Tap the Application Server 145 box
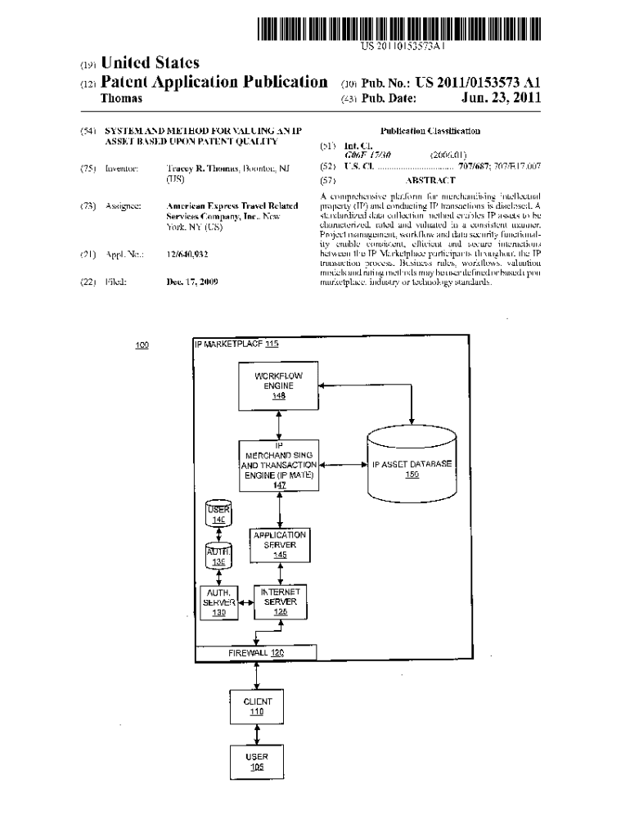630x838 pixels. click(280, 544)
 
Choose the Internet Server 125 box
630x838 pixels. click(280, 601)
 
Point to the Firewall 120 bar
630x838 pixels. click(255, 652)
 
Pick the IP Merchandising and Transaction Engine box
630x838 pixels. click(280, 466)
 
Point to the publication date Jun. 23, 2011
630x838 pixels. click(502, 99)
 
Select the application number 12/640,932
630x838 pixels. click(187, 254)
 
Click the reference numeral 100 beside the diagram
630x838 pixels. click(142, 345)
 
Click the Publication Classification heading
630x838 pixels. click(430, 131)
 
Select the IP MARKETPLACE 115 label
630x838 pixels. click(236, 345)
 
